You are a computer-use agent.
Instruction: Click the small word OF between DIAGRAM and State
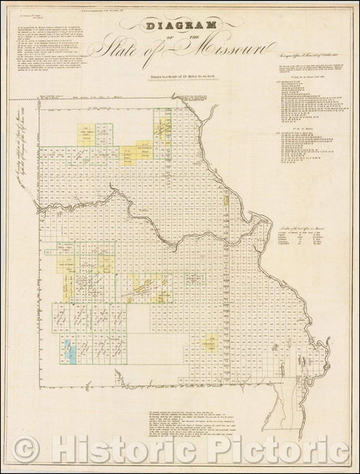tap(180, 38)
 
